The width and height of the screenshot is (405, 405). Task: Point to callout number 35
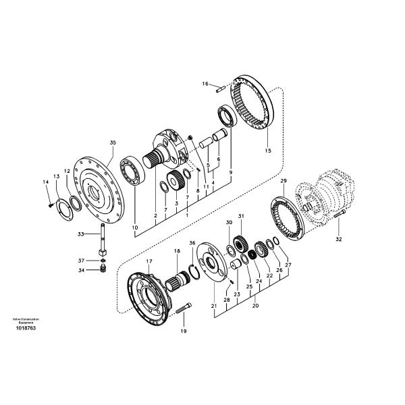(113, 142)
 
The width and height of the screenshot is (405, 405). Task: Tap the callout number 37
(80, 261)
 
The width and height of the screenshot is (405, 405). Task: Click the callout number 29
(283, 181)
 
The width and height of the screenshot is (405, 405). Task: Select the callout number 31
(240, 216)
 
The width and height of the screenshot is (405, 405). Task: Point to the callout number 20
(256, 306)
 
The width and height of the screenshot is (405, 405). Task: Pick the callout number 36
(192, 243)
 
